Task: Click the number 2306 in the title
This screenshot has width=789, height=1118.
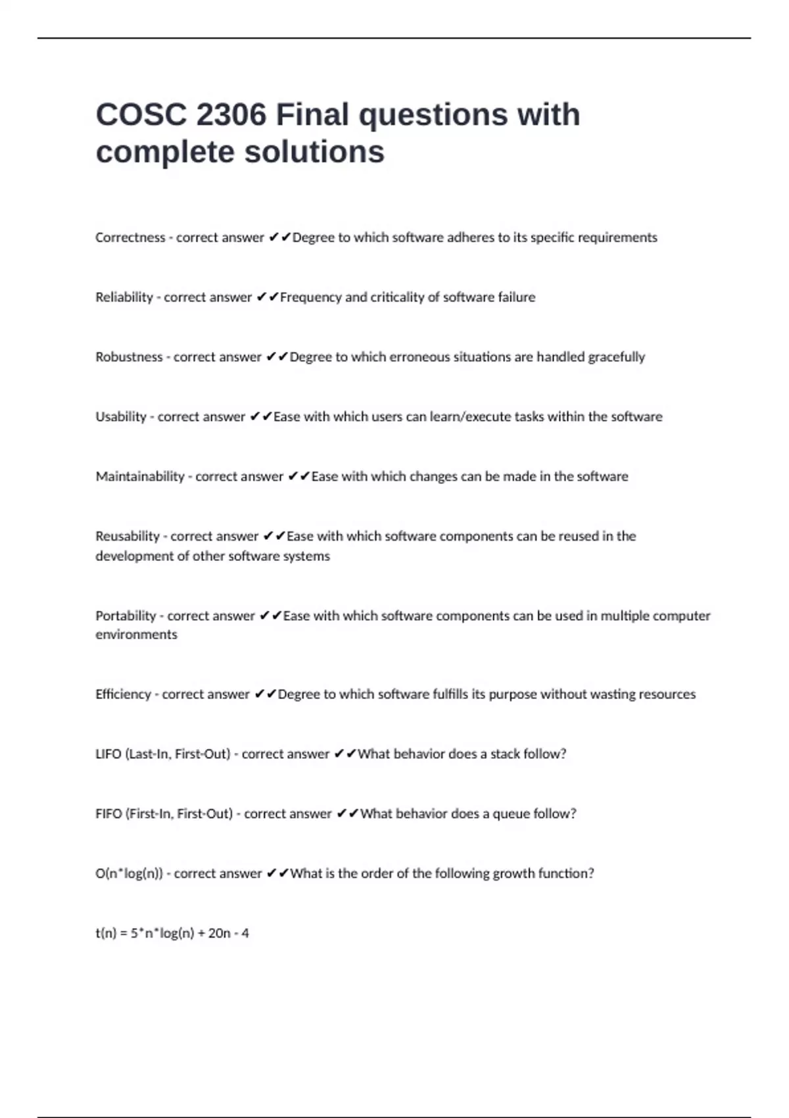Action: (x=231, y=115)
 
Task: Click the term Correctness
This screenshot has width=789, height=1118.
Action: (x=130, y=237)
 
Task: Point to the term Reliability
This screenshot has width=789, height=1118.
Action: (x=124, y=297)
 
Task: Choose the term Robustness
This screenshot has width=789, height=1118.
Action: (x=129, y=357)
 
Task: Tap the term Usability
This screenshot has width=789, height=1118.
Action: (x=121, y=417)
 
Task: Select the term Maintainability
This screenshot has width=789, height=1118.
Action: (x=140, y=476)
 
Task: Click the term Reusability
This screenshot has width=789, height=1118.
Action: (x=128, y=536)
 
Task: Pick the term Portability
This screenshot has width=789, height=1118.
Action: (x=126, y=616)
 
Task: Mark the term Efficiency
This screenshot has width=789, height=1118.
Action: (x=123, y=694)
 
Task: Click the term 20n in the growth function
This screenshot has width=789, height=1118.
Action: (x=220, y=933)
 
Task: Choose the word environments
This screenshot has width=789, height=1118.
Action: (x=136, y=635)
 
